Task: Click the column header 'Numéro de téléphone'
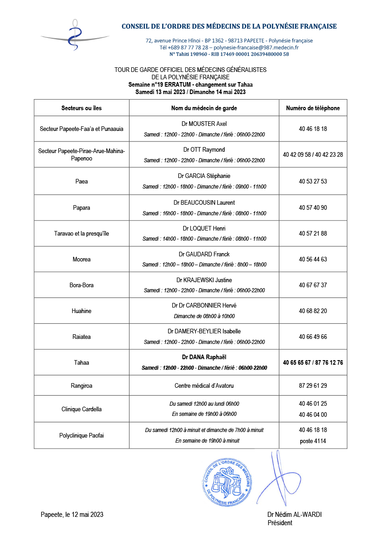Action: point(313,108)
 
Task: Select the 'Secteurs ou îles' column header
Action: point(82,108)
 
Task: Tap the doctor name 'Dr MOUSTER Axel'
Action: point(204,124)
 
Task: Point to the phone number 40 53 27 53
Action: point(313,182)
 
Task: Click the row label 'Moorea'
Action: point(82,260)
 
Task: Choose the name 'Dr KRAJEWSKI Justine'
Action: point(204,280)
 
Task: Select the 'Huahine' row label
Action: point(82,311)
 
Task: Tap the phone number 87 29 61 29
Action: point(313,385)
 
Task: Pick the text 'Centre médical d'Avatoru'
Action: point(204,385)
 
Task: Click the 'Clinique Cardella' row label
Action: point(82,409)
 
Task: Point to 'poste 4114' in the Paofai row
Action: point(313,441)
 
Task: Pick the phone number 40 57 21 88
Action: point(313,234)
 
